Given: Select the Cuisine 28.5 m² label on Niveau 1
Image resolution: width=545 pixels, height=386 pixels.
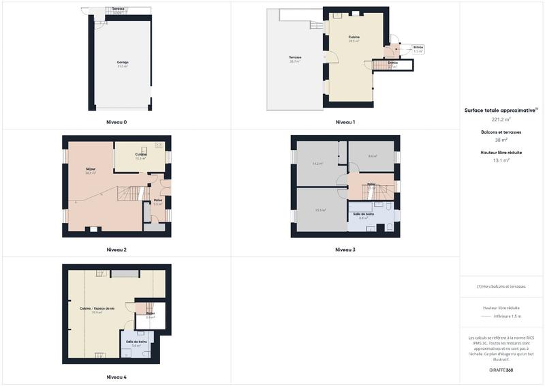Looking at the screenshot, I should point(354,39).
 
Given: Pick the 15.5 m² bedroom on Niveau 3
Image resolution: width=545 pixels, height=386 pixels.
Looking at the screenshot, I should point(320,210).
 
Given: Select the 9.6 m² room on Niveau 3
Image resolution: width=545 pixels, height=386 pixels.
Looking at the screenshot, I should point(372,156).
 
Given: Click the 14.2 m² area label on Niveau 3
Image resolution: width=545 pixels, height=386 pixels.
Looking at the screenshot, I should point(317,164).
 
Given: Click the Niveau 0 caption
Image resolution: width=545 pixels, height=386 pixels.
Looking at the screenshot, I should point(116,122).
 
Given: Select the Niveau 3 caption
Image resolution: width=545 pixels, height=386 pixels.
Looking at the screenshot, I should point(345,250).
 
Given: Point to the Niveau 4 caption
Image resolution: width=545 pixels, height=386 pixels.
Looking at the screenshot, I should point(116,377).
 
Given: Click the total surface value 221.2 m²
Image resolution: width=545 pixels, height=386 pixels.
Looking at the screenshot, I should point(501,119).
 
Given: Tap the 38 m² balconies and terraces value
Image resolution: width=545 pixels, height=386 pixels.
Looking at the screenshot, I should point(501,140).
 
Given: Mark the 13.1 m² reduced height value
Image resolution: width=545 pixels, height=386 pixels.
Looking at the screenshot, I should point(501,161).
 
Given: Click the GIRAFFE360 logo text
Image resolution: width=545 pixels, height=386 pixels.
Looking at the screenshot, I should point(501,370).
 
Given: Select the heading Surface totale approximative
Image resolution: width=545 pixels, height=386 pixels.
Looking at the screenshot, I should point(501,110).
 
